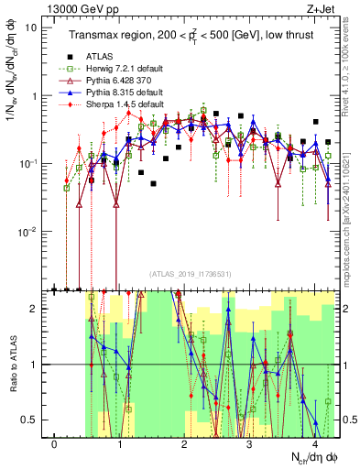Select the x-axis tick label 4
coord(314,444)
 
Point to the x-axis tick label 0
coord(55,444)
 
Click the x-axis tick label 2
coord(184,444)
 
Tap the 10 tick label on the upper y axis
coord(30,27)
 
